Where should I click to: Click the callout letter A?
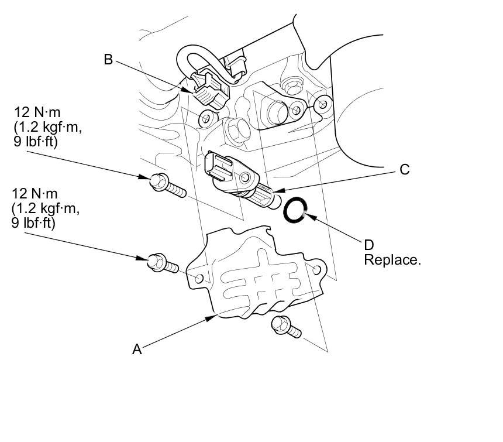(137, 350)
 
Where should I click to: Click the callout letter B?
(108, 60)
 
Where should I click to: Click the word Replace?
(392, 260)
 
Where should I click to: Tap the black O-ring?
(295, 210)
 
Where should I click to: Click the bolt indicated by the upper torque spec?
(167, 185)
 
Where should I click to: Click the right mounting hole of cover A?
(317, 269)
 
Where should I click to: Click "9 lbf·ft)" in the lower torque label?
(33, 222)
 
